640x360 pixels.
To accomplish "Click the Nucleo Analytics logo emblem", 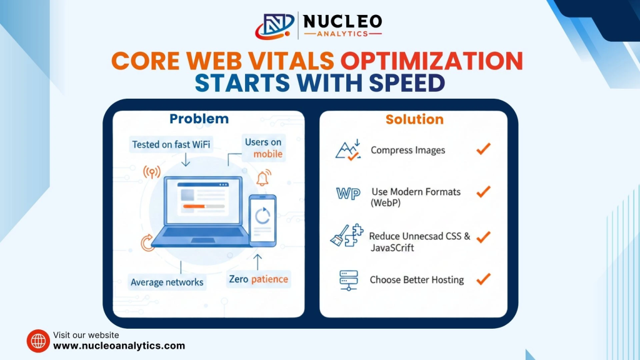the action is click(275, 26).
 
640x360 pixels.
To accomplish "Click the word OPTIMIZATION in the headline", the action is click(432, 61).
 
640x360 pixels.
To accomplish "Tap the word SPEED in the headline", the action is click(407, 83).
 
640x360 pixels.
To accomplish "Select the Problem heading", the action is click(199, 119).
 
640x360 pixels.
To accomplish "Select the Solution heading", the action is click(414, 119).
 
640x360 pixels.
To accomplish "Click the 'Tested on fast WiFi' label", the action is click(171, 144).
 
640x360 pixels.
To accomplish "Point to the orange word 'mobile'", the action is click(267, 154).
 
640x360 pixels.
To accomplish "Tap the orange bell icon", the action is click(263, 177).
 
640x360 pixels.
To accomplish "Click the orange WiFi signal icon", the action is click(152, 172).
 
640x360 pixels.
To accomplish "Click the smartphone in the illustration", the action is click(263, 221).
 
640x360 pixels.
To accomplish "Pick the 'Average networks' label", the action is click(167, 282).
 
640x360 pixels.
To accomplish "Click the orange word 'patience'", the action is click(269, 279).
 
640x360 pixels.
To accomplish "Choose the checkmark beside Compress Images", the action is click(483, 149).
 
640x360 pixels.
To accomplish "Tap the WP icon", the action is click(348, 194).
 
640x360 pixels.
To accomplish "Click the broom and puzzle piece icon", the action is click(347, 236).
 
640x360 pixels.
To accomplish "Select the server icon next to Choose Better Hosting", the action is click(349, 281).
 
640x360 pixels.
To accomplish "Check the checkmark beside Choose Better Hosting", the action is click(483, 279).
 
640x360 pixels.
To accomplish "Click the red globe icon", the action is click(38, 341).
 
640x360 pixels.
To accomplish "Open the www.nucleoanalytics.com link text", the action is click(119, 346).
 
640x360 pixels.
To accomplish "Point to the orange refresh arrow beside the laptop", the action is click(147, 243).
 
